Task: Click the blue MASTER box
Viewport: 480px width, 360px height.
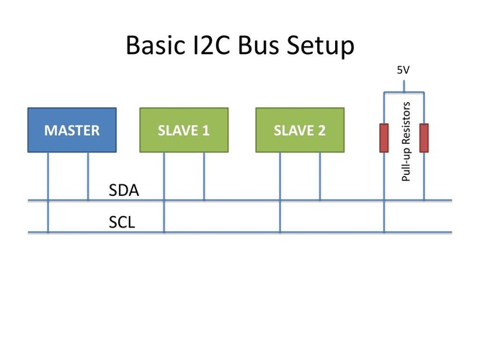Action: point(71,130)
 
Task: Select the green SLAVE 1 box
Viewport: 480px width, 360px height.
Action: point(184,130)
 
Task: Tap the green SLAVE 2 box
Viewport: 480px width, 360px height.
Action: point(299,130)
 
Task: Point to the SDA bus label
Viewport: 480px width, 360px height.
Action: point(123,191)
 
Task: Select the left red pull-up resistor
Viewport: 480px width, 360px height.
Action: point(384,138)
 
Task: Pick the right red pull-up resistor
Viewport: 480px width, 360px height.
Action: point(424,138)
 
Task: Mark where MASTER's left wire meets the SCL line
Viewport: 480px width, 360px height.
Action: point(48,232)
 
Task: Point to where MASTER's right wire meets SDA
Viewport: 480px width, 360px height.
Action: point(88,200)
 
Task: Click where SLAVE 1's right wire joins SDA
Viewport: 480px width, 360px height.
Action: point(204,200)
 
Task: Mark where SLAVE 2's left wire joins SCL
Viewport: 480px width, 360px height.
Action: point(280,232)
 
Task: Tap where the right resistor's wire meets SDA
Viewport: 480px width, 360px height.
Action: point(424,200)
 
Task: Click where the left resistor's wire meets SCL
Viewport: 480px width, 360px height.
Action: point(384,232)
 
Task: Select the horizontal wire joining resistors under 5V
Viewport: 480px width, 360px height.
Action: point(404,91)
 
